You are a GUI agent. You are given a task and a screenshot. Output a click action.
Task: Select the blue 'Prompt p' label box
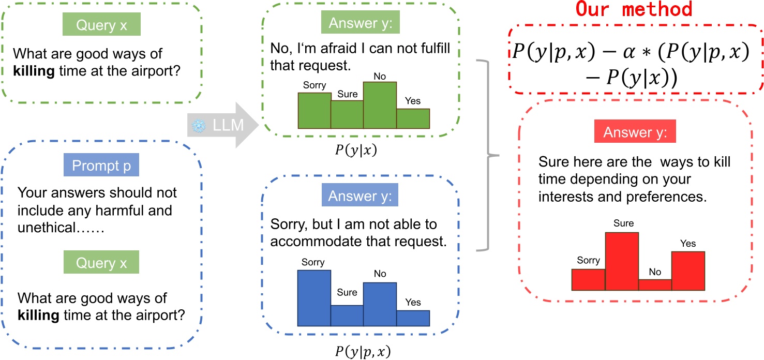(101, 166)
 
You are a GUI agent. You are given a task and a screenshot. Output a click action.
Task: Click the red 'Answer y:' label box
(639, 132)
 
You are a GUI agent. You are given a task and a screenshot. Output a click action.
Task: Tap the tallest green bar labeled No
(380, 105)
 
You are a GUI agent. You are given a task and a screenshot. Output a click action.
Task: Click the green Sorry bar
(314, 110)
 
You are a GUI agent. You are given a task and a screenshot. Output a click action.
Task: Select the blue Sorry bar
(314, 298)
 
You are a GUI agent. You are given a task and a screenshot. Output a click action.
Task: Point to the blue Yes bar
(413, 318)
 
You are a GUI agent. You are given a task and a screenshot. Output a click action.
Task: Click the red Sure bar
(622, 262)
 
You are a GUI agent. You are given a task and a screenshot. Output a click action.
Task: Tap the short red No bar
(655, 285)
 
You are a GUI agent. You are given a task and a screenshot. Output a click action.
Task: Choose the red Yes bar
(688, 271)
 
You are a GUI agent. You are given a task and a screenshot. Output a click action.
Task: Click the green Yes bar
(413, 118)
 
